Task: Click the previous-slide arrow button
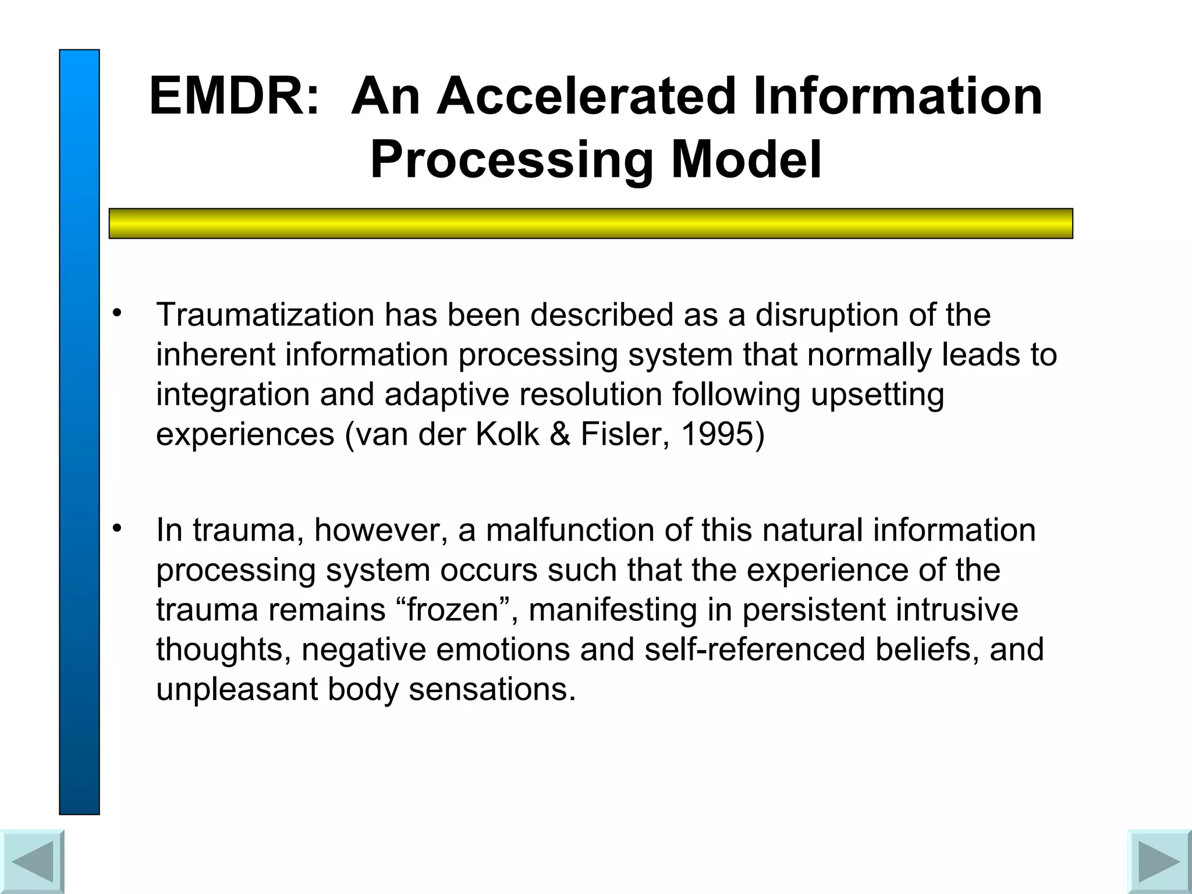pos(32,861)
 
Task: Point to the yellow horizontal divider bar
pos(591,223)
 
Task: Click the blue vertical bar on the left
pos(79,431)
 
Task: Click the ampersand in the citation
pos(559,434)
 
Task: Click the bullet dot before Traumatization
pos(118,313)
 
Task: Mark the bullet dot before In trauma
pos(118,528)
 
